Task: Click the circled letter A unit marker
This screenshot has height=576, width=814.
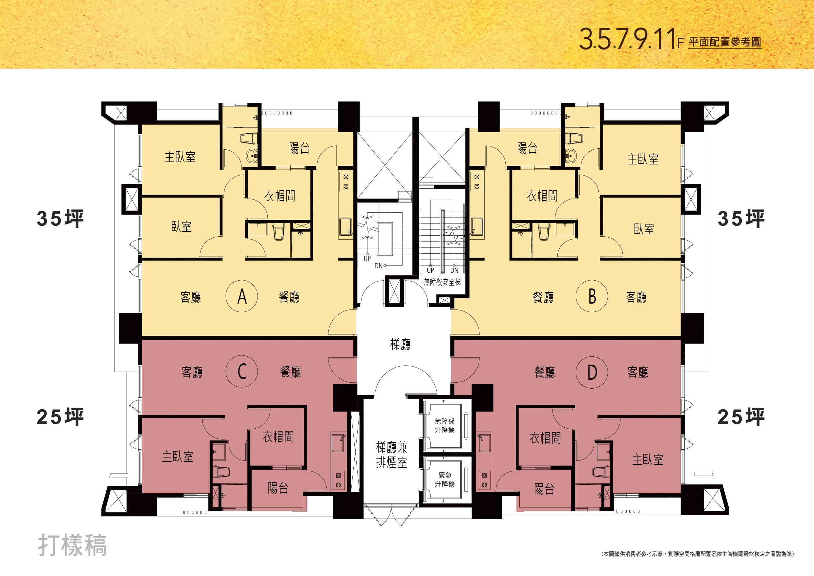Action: pos(242,296)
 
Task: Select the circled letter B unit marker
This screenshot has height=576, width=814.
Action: pos(592,296)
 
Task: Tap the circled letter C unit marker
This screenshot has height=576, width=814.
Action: pos(242,371)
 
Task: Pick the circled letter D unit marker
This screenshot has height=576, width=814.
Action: pos(592,372)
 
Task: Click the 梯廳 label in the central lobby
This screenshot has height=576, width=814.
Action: pos(400,344)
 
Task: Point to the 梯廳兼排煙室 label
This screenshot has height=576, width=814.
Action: pos(391,455)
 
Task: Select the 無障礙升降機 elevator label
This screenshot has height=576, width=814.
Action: pos(445,426)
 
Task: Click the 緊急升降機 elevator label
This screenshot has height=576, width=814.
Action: pos(445,480)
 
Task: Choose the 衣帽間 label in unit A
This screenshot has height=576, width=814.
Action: pos(279,196)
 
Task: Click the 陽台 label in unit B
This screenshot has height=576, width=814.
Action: pos(527,148)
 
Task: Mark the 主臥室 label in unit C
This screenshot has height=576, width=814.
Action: pos(177,457)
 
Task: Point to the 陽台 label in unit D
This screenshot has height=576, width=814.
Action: pos(544,489)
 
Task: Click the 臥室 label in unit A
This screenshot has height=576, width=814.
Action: pos(181,226)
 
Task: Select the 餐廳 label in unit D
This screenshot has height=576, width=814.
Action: pos(545,372)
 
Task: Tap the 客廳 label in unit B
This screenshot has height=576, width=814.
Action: pos(636,297)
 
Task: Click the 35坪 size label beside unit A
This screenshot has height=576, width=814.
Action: pos(60,219)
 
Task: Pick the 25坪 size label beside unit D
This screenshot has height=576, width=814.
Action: pos(741,417)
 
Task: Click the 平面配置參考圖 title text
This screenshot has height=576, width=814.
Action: pos(725,42)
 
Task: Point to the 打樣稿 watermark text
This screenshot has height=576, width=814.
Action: pos(72,545)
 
